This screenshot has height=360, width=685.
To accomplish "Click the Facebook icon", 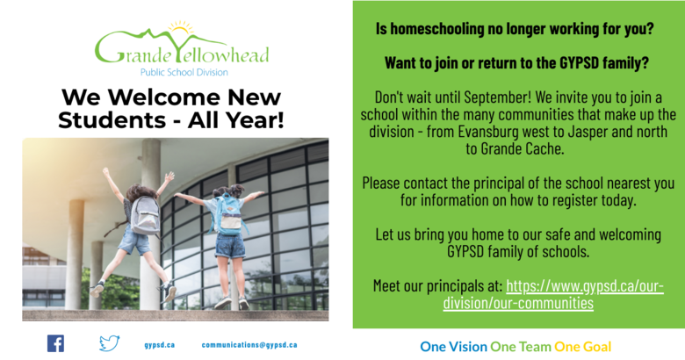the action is click(x=55, y=343).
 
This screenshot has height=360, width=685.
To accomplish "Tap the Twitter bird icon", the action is click(x=109, y=343).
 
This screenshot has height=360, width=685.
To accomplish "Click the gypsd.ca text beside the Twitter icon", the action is click(x=160, y=345).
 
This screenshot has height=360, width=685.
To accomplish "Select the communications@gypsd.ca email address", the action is click(x=249, y=345).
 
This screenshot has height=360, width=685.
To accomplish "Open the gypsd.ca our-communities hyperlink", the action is click(x=553, y=294).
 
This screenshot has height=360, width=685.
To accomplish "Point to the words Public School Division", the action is click(x=184, y=73).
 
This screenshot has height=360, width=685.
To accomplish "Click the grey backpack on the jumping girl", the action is click(x=145, y=215).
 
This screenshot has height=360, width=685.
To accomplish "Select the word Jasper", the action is click(x=588, y=132).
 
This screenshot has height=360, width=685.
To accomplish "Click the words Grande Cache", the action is click(x=523, y=148).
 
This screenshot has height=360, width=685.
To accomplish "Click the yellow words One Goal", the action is click(x=583, y=347).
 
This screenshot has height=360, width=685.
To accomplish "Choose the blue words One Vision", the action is click(x=453, y=347).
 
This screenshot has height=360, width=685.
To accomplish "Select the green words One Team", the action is click(x=521, y=347).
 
